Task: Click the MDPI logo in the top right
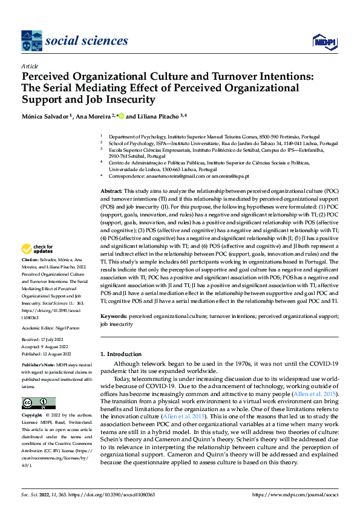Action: coord(324,41)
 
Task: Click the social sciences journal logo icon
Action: coord(31,41)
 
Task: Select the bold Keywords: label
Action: coord(114,316)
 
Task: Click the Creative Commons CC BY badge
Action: coord(38,403)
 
